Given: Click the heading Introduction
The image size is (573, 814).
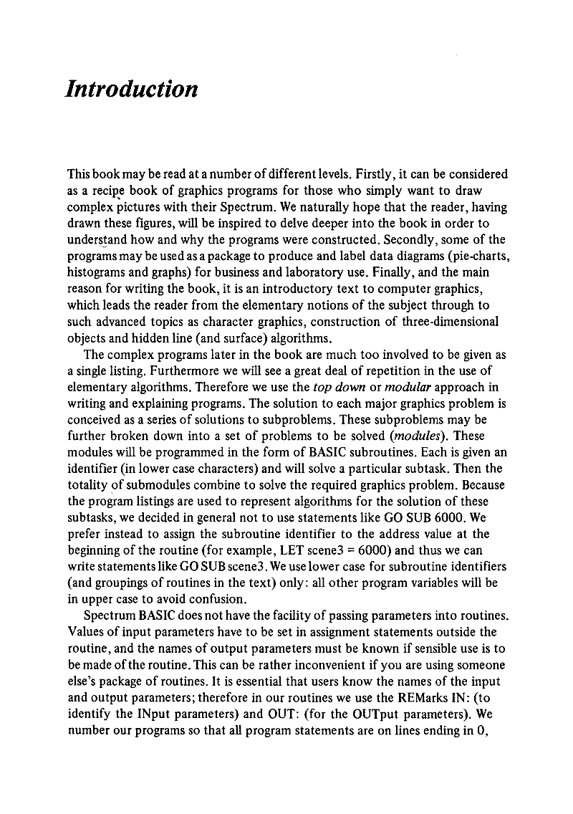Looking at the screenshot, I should pyautogui.click(x=130, y=90).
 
